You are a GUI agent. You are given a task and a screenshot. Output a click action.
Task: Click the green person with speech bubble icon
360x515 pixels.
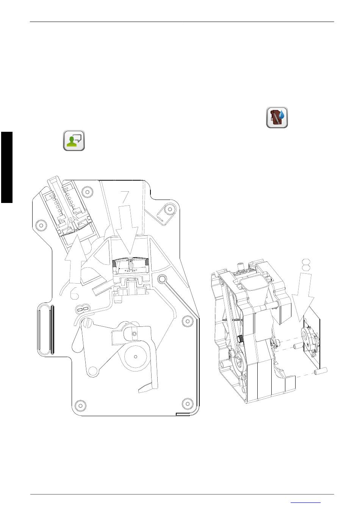click(x=74, y=140)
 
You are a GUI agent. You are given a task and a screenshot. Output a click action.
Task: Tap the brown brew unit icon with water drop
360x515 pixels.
click(x=277, y=117)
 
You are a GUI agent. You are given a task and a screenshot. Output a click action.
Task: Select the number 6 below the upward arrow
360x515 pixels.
click(x=74, y=293)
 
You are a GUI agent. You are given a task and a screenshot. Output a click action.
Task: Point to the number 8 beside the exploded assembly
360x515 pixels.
click(x=306, y=265)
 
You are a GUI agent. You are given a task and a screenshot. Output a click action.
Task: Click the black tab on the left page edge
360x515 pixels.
click(x=7, y=167)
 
